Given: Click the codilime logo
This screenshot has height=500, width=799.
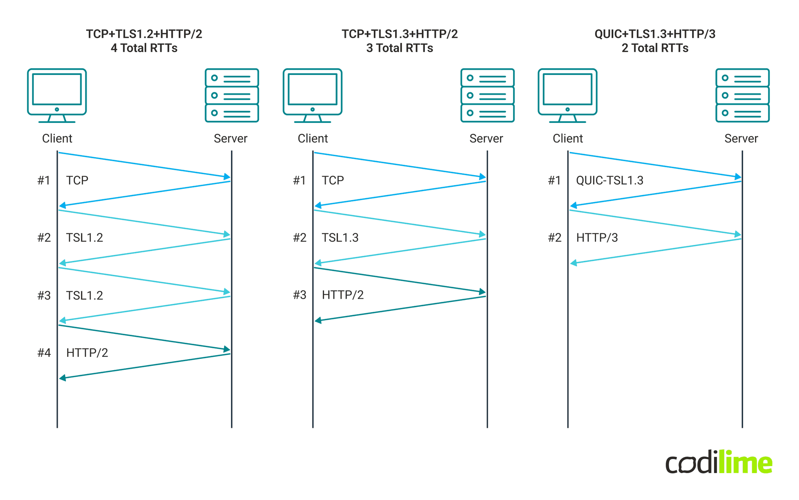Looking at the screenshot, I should click(x=719, y=463).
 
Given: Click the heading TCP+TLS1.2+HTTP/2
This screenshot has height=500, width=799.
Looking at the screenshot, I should click(x=144, y=34).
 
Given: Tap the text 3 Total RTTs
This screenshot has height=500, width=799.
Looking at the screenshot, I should click(x=399, y=48).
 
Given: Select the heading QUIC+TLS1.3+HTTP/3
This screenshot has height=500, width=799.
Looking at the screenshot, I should click(x=655, y=34).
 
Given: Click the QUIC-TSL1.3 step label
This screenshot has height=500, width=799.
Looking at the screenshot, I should click(x=609, y=180).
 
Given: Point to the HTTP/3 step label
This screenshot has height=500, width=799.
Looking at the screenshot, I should click(x=597, y=238).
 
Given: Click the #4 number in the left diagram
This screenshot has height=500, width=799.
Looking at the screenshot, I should click(x=44, y=353).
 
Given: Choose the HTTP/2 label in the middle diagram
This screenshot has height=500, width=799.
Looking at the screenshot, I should click(x=343, y=295).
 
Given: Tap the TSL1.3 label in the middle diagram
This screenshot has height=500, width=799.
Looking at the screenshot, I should click(x=340, y=238).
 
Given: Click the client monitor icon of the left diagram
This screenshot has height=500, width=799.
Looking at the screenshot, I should click(x=57, y=95).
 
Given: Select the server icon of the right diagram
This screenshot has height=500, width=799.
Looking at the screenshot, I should click(x=742, y=95).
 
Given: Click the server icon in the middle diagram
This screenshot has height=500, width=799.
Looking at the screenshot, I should click(x=487, y=95).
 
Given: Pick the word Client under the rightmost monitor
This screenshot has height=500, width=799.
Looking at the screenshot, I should click(x=568, y=138).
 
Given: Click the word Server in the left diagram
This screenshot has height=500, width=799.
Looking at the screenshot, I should click(x=231, y=138).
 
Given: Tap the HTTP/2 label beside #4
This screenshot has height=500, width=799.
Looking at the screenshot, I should click(x=87, y=353).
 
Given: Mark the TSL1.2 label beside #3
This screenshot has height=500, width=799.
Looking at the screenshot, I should click(x=84, y=295).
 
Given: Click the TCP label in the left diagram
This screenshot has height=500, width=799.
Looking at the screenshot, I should click(x=77, y=180).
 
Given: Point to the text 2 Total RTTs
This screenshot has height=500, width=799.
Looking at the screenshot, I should click(x=655, y=48).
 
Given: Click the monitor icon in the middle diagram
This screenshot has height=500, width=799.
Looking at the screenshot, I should click(x=312, y=95).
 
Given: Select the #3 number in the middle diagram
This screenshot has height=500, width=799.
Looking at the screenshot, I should click(x=300, y=295).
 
